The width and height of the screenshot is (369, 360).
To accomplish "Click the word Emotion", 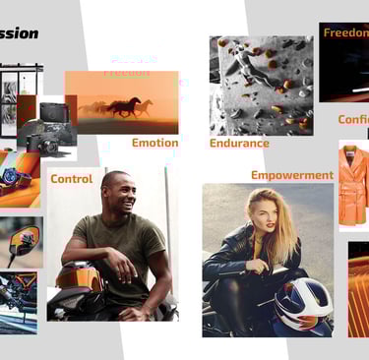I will click(x=155, y=143).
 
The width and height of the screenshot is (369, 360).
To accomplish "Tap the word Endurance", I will click(x=239, y=143).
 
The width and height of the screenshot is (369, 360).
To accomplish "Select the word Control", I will click(x=72, y=179).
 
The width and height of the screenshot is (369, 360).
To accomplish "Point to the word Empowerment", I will click(x=292, y=175).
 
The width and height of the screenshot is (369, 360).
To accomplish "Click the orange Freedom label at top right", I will click(x=345, y=32).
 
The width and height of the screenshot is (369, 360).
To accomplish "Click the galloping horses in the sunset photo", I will click(x=118, y=106).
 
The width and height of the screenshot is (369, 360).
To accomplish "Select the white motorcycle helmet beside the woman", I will click(x=301, y=305).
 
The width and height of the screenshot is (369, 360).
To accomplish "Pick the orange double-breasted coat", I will click(x=353, y=184).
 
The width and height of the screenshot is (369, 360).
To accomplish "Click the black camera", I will click(x=50, y=129).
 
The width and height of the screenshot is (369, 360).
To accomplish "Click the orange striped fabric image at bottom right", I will click(x=358, y=290).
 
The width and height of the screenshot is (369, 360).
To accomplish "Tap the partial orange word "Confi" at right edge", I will click(x=353, y=119).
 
